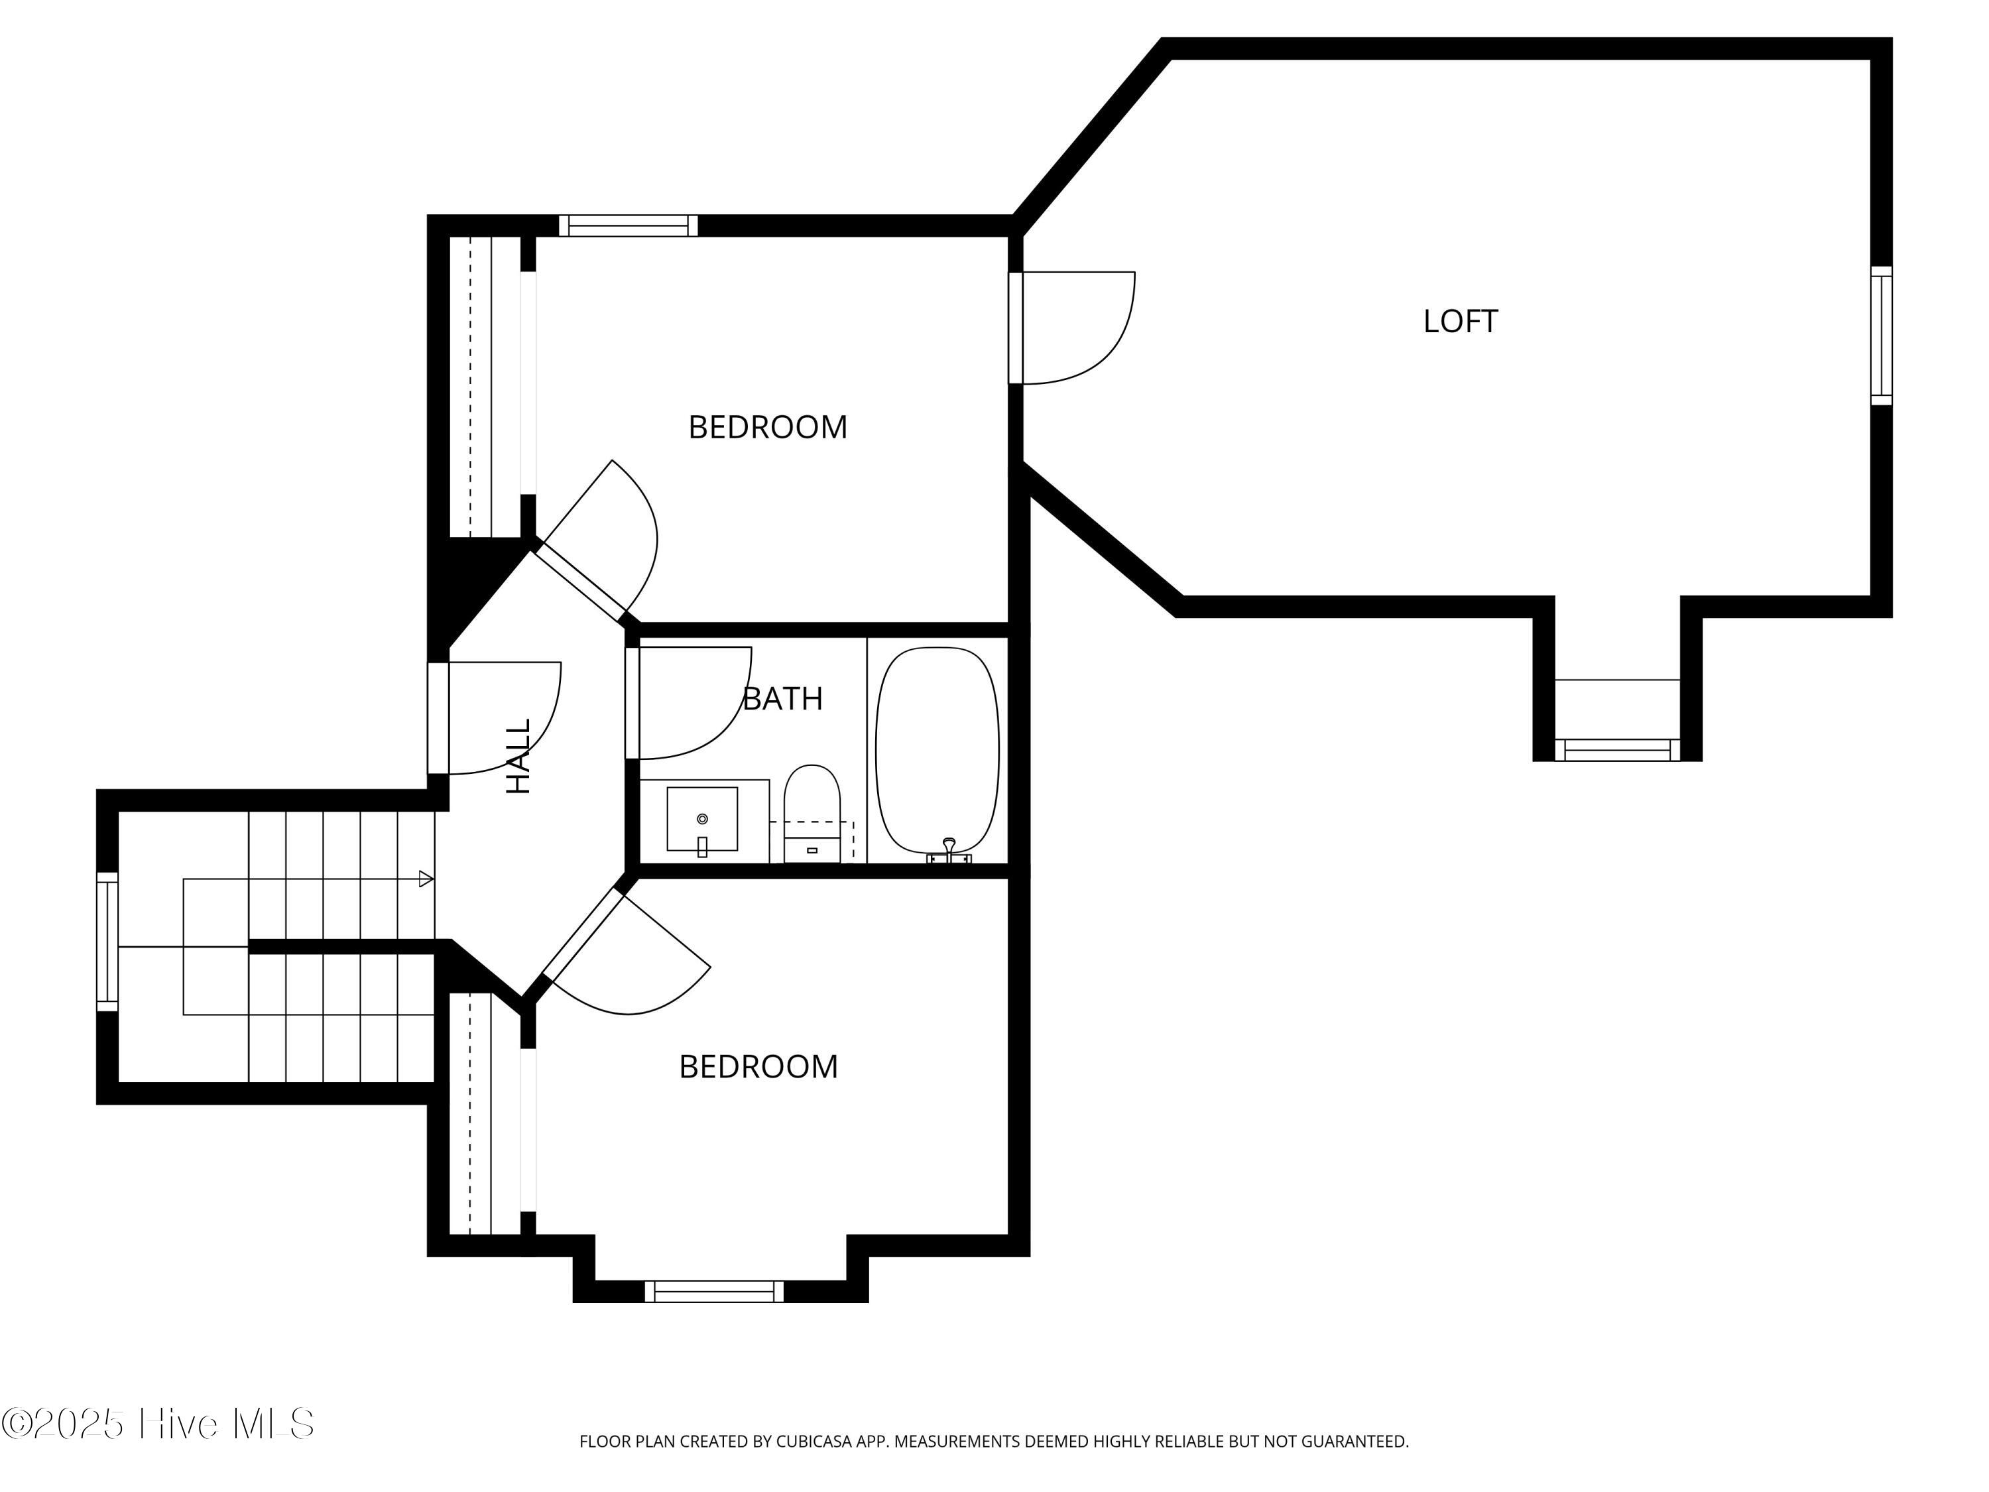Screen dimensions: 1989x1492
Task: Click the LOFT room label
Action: (1461, 321)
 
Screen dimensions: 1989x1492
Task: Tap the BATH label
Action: (782, 699)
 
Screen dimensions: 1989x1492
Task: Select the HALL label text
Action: (519, 755)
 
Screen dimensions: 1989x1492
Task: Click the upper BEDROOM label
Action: (768, 427)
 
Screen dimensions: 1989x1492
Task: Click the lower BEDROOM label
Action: (758, 1066)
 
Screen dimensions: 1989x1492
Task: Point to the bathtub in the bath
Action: (937, 751)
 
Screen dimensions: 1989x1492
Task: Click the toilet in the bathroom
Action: (812, 813)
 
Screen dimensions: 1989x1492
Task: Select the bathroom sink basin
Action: (702, 818)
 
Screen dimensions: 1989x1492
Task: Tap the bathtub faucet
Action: (949, 851)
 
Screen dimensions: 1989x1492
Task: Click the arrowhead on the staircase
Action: (426, 879)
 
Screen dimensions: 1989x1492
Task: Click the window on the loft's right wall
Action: (1882, 336)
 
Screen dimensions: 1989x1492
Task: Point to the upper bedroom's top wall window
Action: (629, 225)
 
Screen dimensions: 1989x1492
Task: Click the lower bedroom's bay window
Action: (714, 1292)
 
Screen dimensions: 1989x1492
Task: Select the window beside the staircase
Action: (107, 942)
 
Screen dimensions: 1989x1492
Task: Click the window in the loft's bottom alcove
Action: (1618, 750)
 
